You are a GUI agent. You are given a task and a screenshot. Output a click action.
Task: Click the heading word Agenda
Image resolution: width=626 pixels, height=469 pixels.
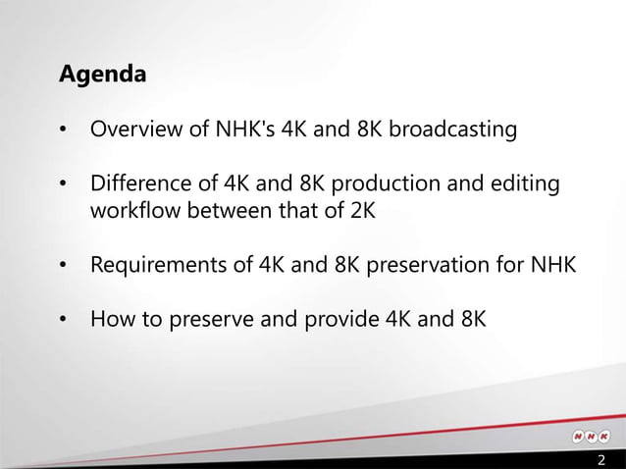(x=103, y=75)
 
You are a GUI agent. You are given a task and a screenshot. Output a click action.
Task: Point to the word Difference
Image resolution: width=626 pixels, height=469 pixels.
(x=135, y=183)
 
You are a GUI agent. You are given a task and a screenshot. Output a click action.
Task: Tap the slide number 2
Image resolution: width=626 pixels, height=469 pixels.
(x=601, y=460)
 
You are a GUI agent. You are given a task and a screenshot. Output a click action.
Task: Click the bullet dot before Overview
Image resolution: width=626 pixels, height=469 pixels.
(x=64, y=130)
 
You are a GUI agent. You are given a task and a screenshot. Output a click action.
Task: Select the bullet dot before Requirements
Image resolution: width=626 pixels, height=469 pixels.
(x=64, y=265)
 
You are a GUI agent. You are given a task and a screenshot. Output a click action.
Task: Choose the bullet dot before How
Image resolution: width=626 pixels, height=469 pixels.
(x=64, y=319)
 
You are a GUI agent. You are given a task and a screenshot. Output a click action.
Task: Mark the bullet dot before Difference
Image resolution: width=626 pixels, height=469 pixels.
(x=64, y=184)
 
